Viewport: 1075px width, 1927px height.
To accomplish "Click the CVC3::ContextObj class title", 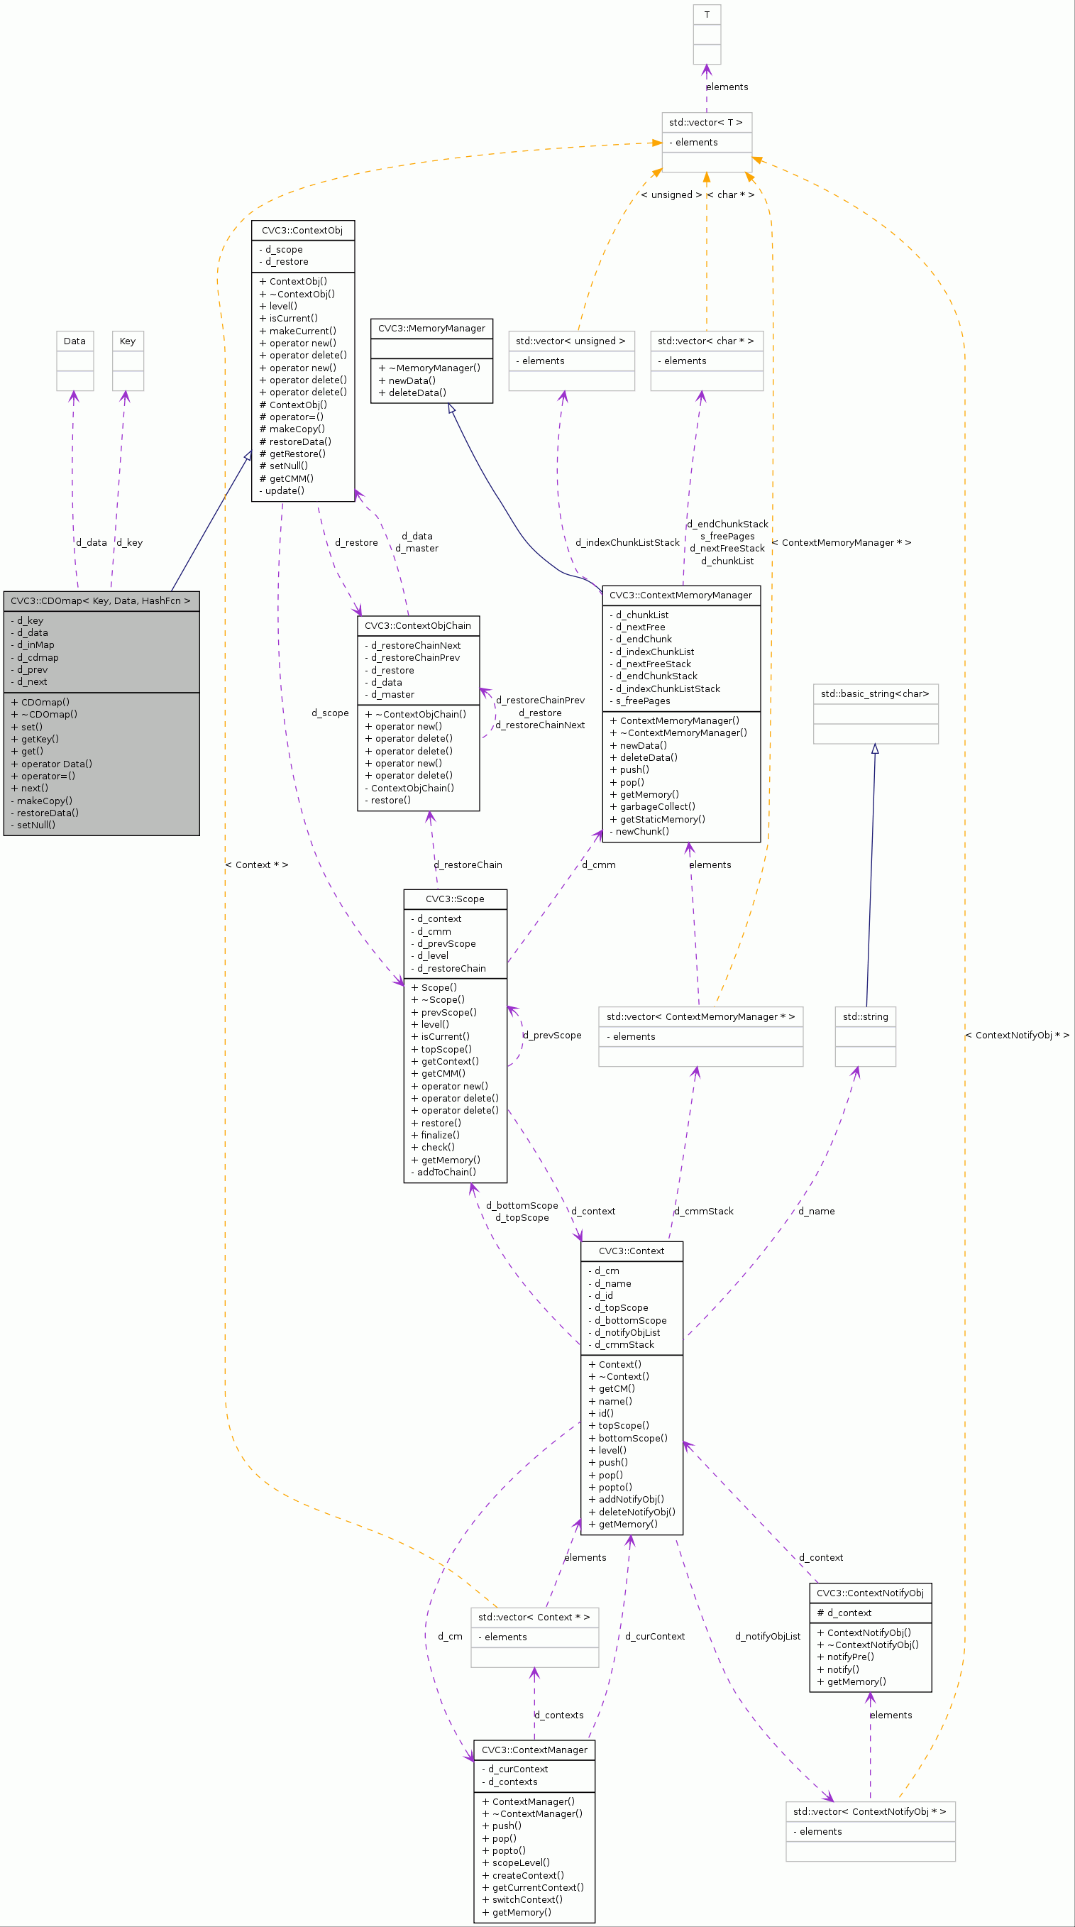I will [x=302, y=231].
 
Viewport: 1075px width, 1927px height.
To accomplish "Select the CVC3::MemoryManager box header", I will [x=431, y=329].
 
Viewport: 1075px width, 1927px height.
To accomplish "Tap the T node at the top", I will [x=706, y=15].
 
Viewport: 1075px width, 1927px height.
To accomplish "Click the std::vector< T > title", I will [x=705, y=123].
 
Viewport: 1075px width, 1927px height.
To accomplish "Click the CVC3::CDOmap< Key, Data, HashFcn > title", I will [x=100, y=600].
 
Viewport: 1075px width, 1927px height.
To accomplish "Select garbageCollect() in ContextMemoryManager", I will [x=657, y=806].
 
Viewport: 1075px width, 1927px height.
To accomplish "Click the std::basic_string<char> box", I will [x=874, y=694].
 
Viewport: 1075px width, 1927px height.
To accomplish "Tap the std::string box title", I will [x=865, y=1016].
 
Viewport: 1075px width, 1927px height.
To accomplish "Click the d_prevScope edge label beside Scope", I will [x=552, y=1036].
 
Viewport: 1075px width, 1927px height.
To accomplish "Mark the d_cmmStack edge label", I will [x=704, y=1211].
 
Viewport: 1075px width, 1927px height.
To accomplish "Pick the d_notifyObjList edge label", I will [x=768, y=1636].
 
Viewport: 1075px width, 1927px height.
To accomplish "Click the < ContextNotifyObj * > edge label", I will [x=1017, y=1036].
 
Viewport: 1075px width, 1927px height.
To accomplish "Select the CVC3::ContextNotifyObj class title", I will [x=869, y=1593].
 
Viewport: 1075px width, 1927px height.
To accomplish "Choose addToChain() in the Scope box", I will [x=446, y=1173].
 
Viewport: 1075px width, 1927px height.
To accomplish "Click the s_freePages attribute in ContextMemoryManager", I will [x=643, y=701].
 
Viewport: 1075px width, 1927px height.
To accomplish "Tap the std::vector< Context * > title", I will [x=534, y=1618].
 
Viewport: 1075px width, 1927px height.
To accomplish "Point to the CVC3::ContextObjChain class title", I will [x=417, y=625].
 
